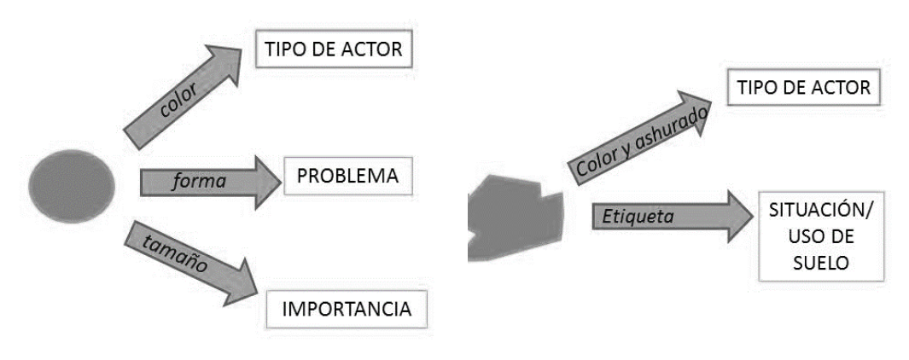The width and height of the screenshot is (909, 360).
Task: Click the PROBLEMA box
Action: (x=347, y=177)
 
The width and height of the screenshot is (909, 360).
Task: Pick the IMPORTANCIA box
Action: (x=347, y=309)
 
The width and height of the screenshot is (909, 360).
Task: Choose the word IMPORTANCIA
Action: (x=347, y=309)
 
